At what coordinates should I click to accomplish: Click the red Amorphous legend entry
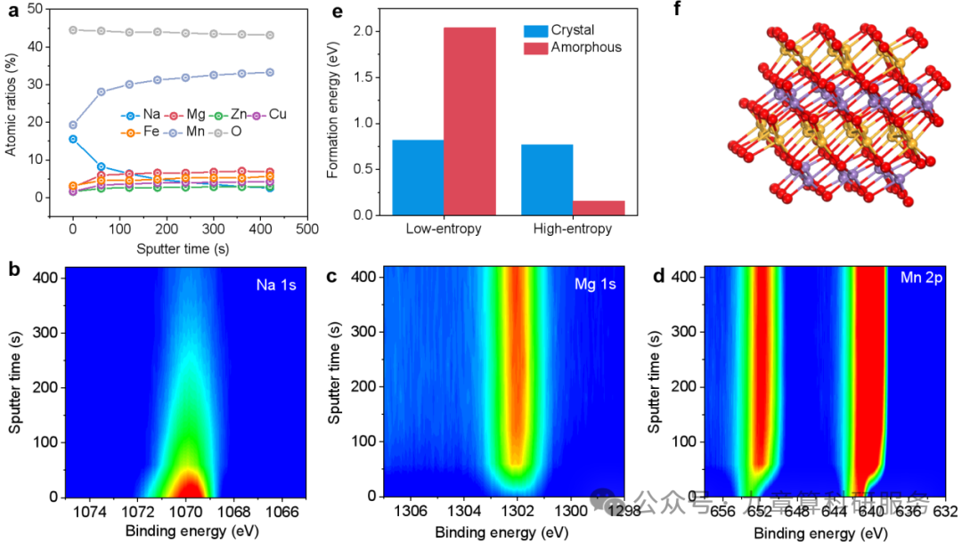pos(584,46)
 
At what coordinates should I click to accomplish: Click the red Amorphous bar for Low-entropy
pos(469,121)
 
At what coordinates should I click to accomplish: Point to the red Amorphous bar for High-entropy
pos(598,207)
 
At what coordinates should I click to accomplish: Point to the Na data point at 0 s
pos(73,139)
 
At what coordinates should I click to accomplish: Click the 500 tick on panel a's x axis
pos(308,229)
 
